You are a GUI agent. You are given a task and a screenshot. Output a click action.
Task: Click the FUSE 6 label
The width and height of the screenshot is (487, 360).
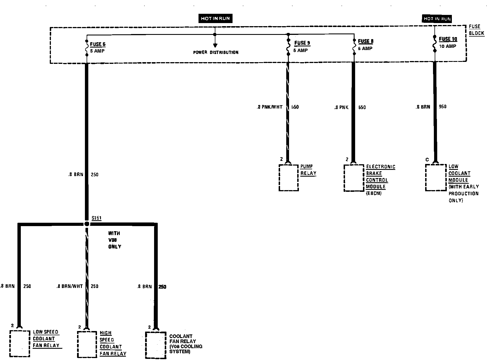tap(98, 44)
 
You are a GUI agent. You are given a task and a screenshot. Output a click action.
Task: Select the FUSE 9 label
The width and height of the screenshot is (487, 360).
tap(302, 43)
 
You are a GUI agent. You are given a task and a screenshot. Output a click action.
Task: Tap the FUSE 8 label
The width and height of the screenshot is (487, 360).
tap(366, 41)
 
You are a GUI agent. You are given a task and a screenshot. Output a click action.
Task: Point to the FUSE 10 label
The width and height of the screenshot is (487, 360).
tap(448, 39)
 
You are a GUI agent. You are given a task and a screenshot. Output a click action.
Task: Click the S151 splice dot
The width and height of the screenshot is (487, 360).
tap(87, 224)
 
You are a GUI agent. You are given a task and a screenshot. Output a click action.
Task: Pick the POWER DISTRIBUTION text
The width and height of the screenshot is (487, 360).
tap(216, 52)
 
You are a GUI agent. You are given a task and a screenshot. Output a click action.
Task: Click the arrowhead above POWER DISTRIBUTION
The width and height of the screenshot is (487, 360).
tap(215, 45)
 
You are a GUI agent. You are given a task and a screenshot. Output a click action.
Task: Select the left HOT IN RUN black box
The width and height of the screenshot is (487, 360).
tap(215, 19)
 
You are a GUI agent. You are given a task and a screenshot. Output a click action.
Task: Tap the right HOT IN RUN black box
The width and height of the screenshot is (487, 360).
tap(437, 19)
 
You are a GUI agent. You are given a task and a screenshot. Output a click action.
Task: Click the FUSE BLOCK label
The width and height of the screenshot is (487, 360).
tap(476, 30)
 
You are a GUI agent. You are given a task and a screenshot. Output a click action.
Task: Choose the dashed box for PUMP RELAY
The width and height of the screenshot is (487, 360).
tap(288, 178)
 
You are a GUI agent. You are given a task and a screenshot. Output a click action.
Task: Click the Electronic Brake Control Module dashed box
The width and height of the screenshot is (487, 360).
tap(354, 178)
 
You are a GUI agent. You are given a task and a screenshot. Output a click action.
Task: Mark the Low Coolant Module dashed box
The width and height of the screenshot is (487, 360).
tap(436, 177)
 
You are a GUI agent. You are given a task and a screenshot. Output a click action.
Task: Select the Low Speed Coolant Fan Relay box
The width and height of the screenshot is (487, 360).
tap(20, 344)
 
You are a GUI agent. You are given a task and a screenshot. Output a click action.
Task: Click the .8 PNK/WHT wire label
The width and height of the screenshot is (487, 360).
tap(269, 107)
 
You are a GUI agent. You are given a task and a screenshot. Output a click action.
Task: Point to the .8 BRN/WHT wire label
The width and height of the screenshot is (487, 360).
tap(69, 286)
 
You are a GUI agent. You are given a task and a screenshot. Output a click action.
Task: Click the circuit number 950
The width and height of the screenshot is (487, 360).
tap(442, 107)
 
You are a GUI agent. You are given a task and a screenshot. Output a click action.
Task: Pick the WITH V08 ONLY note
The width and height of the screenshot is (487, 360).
tap(114, 240)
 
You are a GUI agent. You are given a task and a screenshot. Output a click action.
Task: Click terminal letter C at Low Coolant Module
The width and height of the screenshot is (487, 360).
tap(427, 160)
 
